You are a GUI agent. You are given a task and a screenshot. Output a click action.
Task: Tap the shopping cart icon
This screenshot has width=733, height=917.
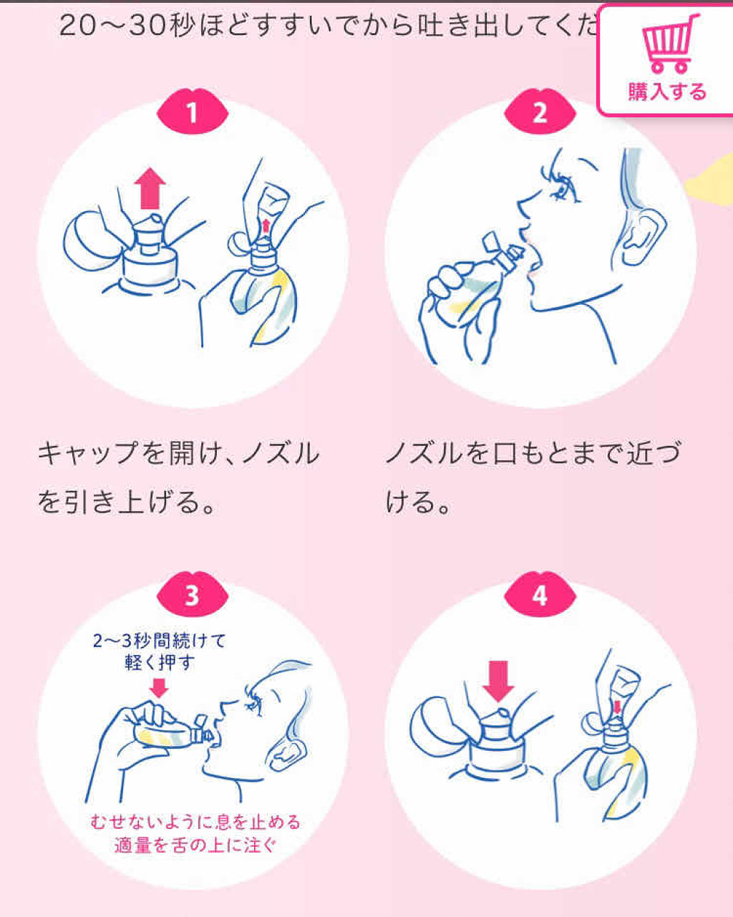pyautogui.click(x=670, y=44)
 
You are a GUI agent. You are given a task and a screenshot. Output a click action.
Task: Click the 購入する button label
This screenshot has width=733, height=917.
pyautogui.click(x=667, y=92)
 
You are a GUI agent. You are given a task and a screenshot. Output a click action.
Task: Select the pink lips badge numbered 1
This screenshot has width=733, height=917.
pyautogui.click(x=193, y=111)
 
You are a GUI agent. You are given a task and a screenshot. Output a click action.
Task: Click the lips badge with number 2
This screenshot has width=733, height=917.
pyautogui.click(x=540, y=111)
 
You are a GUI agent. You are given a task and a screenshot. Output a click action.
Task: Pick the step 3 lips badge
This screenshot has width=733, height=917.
pyautogui.click(x=193, y=594)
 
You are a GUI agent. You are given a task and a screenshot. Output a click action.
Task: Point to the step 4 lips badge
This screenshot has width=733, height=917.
pyautogui.click(x=540, y=594)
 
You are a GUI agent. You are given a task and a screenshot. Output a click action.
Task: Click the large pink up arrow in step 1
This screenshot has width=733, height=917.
pyautogui.click(x=150, y=188)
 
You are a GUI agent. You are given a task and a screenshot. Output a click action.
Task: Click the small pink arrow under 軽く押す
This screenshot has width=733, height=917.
pyautogui.click(x=159, y=688)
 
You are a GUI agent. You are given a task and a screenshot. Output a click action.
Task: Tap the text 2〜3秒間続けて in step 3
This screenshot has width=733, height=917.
pyautogui.click(x=159, y=641)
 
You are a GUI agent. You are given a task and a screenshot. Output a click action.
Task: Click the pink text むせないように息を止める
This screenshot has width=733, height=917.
pyautogui.click(x=195, y=821)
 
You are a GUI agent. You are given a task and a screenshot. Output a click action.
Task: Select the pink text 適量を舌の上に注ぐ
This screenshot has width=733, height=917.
pyautogui.click(x=195, y=845)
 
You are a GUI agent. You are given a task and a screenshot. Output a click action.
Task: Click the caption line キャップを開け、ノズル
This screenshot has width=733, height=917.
pyautogui.click(x=179, y=453)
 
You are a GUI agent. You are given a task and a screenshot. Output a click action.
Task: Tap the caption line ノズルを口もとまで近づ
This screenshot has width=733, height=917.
pyautogui.click(x=533, y=453)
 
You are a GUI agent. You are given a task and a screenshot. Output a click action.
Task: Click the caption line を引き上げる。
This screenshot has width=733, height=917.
pyautogui.click(x=126, y=502)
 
